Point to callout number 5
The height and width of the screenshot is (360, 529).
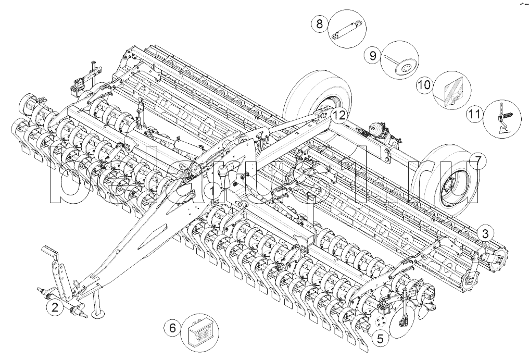click(380, 338)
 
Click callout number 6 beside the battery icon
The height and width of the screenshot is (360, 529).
click(172, 328)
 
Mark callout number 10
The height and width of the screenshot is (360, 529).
click(424, 85)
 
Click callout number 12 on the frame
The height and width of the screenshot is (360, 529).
click(338, 115)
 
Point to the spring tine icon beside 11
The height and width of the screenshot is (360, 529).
click(503, 120)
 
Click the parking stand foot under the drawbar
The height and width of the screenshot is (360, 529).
click(98, 314)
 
